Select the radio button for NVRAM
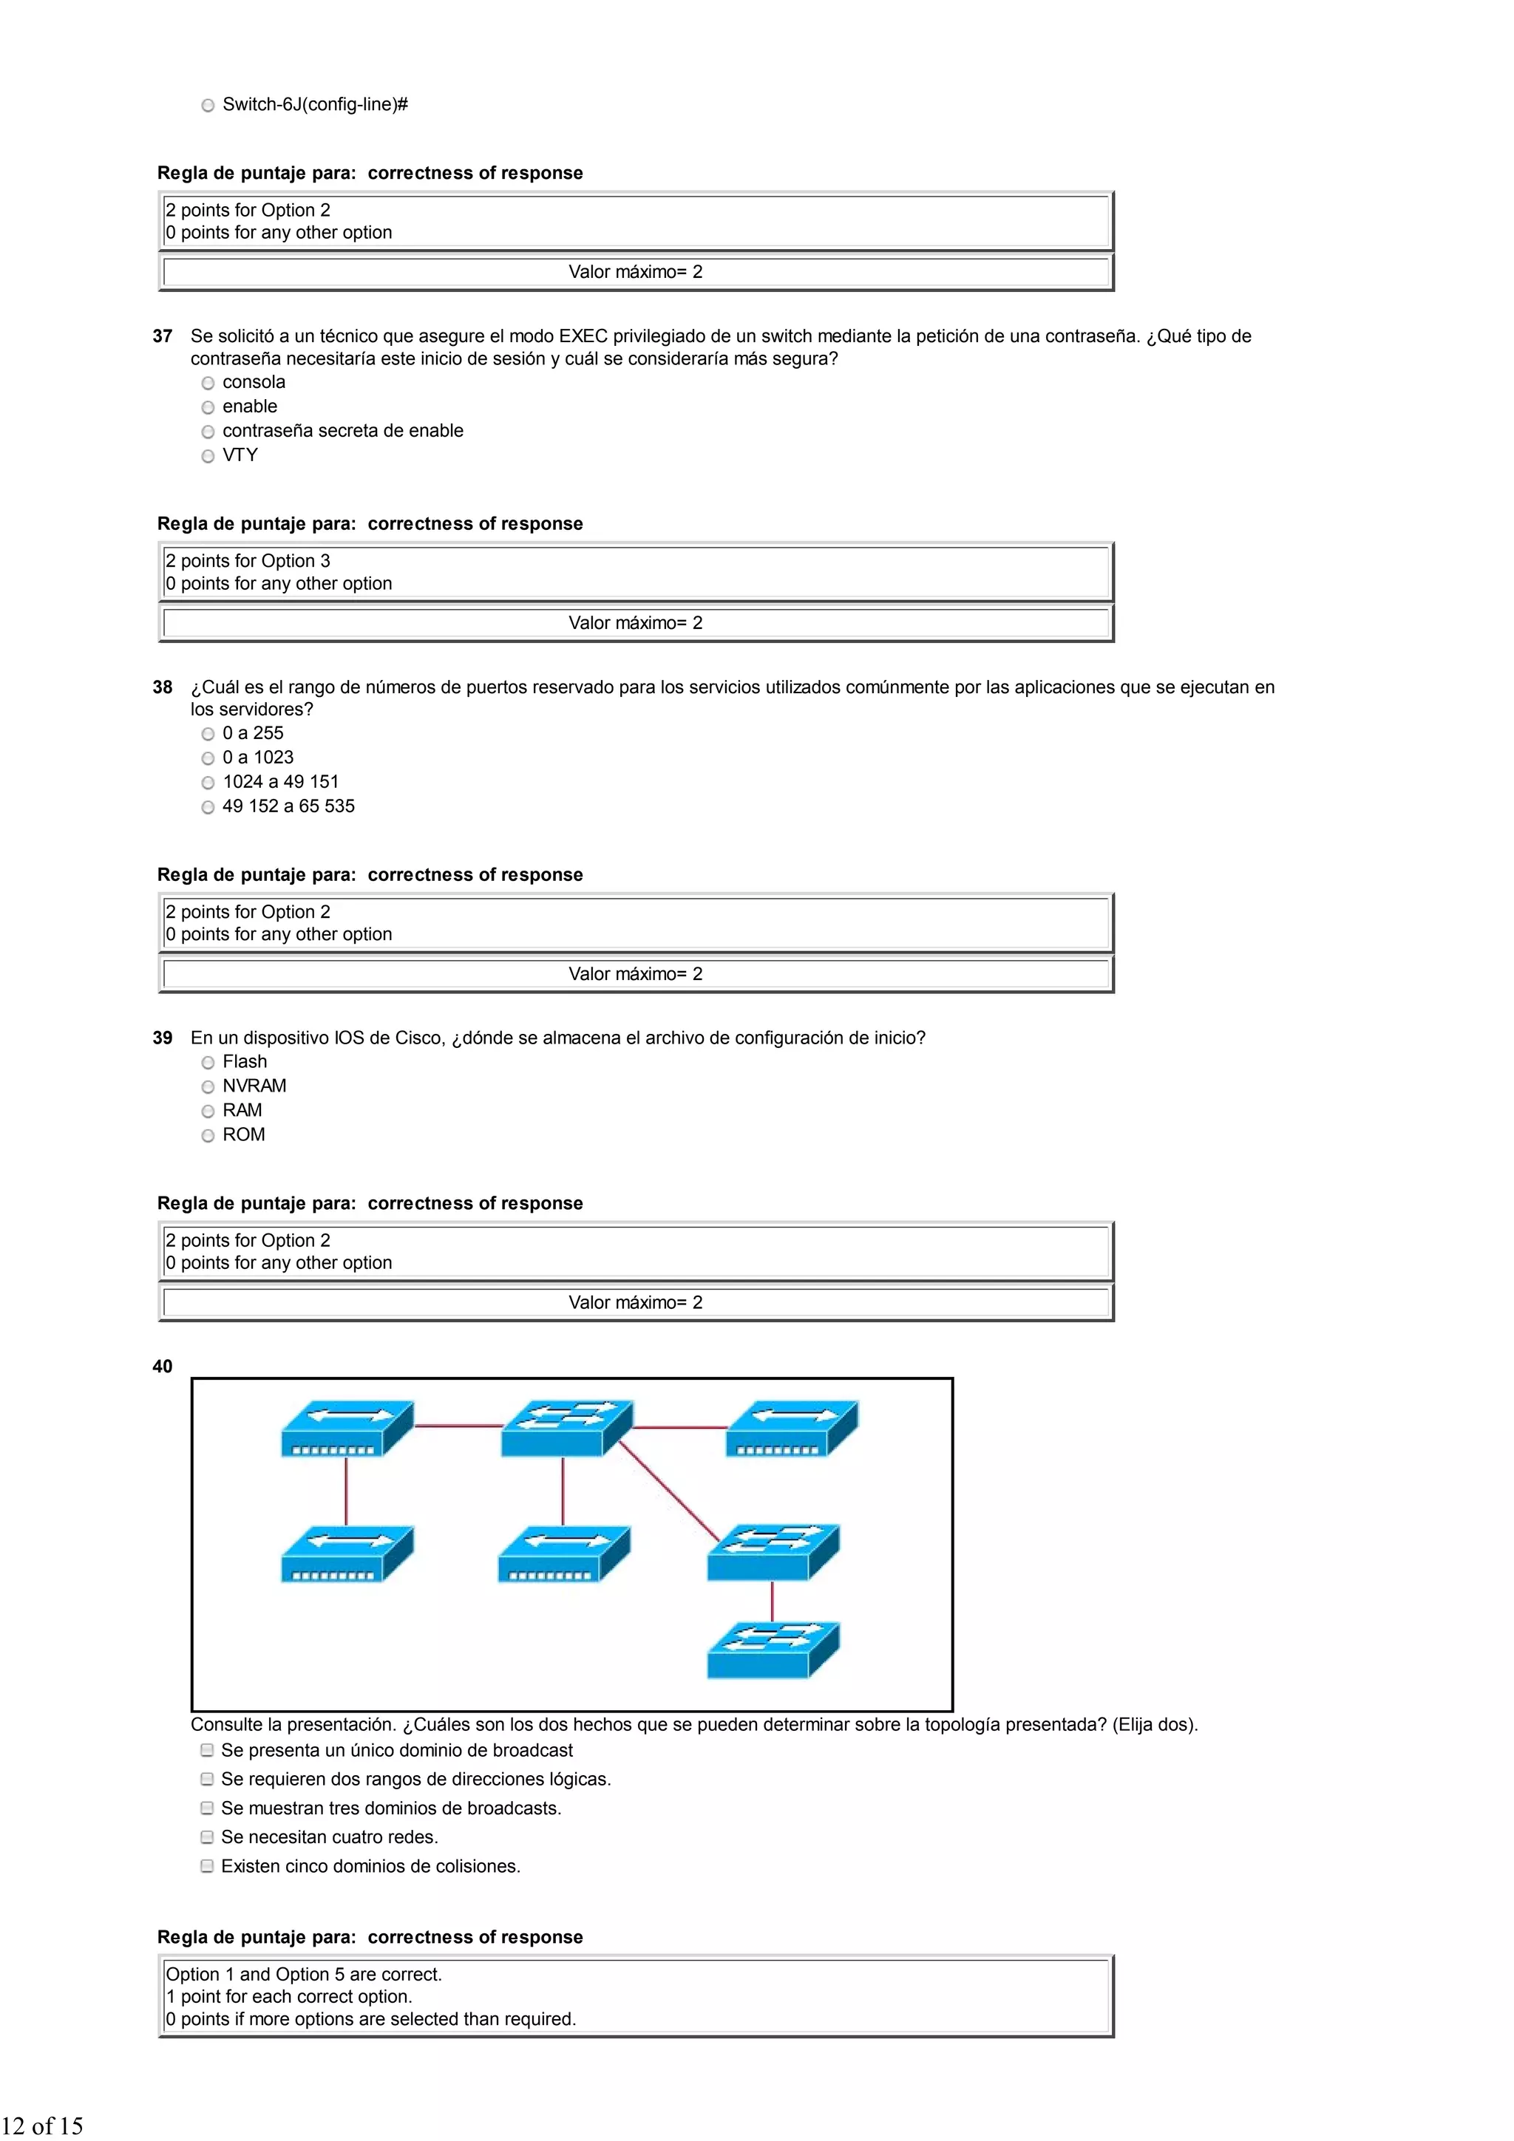[x=208, y=1086]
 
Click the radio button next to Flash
[x=208, y=1062]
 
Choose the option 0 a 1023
[x=208, y=758]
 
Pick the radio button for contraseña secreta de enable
[x=208, y=431]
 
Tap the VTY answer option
[x=208, y=455]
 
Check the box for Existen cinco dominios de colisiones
[x=207, y=1866]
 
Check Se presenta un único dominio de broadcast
[x=207, y=1750]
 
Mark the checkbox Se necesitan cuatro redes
[x=207, y=1837]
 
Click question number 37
[x=163, y=336]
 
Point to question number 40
[x=163, y=1366]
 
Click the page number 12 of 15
[x=43, y=2125]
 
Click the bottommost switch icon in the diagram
[x=773, y=1650]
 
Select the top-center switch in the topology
[x=566, y=1428]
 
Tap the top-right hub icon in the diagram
[x=791, y=1428]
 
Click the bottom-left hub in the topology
[x=346, y=1553]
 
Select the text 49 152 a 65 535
[x=288, y=806]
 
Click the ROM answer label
[x=243, y=1135]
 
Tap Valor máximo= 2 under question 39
[x=635, y=1303]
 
